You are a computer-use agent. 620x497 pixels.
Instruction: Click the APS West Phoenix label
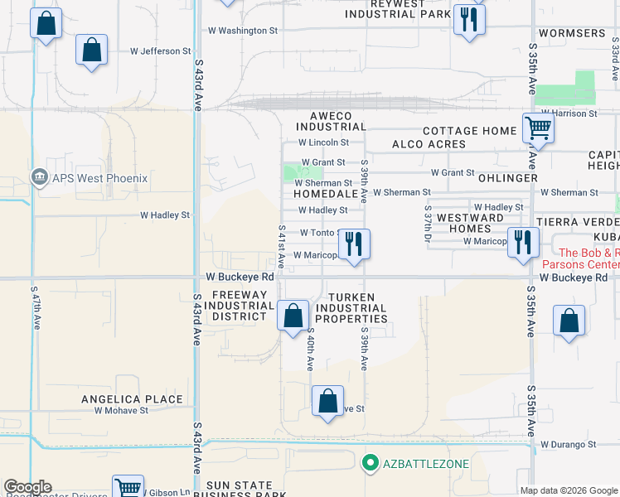coord(99,178)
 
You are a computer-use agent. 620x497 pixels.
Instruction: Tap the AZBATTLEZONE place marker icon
coord(371,463)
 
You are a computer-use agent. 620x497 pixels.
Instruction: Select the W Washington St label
coord(242,31)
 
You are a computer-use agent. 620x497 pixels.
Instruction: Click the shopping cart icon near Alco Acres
coord(538,128)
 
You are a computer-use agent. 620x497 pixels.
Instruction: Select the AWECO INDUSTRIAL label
coord(331,121)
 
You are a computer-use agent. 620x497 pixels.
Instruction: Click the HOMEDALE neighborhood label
coord(324,193)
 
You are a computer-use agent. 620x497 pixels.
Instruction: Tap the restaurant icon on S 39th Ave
coord(354,243)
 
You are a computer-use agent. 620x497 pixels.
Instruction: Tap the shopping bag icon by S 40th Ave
coord(293,315)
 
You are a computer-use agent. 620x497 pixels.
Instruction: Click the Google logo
coord(27,487)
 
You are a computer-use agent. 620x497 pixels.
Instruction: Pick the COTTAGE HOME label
coord(469,131)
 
